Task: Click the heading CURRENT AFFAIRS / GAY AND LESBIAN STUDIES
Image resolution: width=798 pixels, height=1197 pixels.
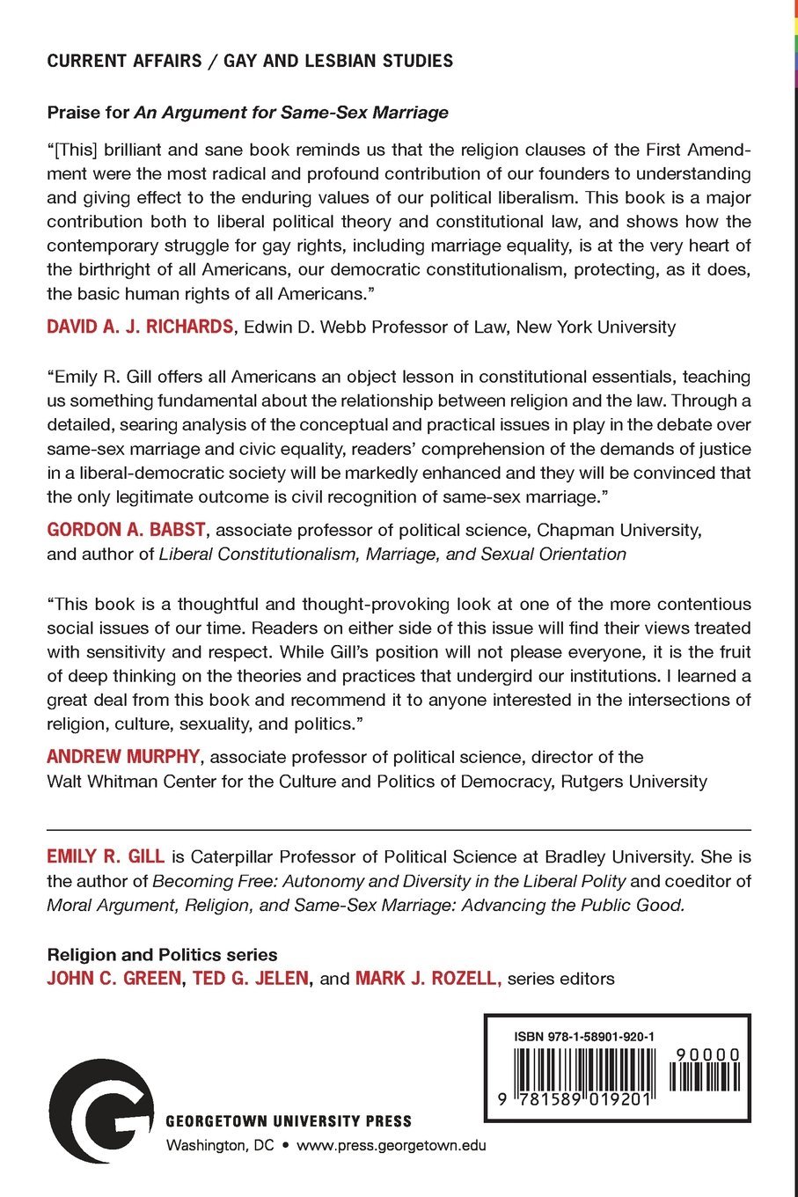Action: click(x=250, y=61)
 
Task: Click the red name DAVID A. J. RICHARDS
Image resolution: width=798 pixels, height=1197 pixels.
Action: click(x=140, y=327)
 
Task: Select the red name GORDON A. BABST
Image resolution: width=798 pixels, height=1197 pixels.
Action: click(x=126, y=530)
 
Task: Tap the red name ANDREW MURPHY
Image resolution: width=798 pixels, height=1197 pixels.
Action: click(x=123, y=757)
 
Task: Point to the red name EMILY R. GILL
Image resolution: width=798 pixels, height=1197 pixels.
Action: click(x=106, y=856)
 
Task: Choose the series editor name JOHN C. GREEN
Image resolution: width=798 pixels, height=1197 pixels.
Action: click(x=113, y=979)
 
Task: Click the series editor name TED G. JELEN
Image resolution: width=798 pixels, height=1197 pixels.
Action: click(x=251, y=979)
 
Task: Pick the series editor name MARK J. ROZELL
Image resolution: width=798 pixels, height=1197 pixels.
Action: click(x=428, y=979)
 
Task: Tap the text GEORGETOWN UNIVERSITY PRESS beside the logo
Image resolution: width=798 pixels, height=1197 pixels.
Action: click(x=289, y=1121)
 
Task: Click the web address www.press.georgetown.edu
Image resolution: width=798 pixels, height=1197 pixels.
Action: click(x=392, y=1145)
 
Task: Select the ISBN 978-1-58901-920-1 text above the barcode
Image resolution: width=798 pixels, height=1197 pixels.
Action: click(x=584, y=1037)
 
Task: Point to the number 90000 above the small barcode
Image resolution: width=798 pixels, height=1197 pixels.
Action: click(x=708, y=1054)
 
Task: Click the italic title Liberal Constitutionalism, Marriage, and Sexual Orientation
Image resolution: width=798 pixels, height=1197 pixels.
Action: click(x=392, y=554)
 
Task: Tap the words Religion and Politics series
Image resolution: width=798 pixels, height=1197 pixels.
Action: click(x=162, y=955)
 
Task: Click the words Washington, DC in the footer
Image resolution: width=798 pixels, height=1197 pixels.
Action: click(x=220, y=1145)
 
